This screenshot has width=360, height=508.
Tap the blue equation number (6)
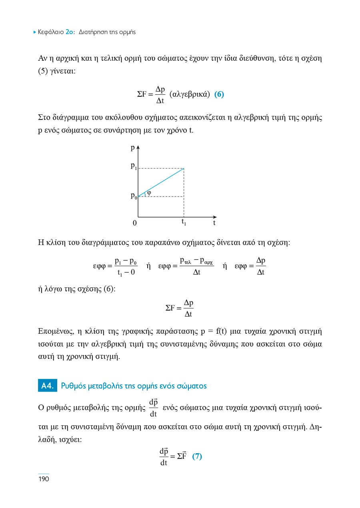coord(219,95)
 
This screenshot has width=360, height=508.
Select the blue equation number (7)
coord(197,456)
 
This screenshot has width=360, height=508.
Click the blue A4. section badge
coord(47,386)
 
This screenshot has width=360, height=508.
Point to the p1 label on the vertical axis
coord(134,167)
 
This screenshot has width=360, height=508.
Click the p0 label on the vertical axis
coord(134,196)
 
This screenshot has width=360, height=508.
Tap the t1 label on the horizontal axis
coord(184,222)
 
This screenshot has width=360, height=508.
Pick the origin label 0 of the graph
coord(135,223)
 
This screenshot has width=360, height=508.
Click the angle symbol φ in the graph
coord(149,192)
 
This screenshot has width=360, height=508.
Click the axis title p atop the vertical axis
coord(132,148)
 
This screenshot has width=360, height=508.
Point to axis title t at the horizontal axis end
coord(214,223)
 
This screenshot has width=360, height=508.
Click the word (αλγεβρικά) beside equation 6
coord(190,95)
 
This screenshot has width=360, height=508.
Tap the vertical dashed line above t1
coord(184,192)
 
